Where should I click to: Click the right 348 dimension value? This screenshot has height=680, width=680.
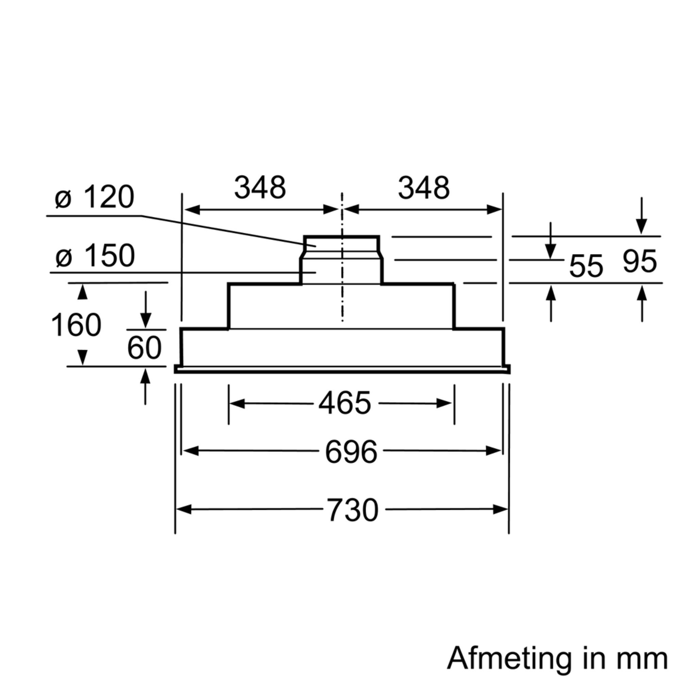[424, 188]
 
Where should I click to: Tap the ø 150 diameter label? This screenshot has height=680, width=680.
[95, 256]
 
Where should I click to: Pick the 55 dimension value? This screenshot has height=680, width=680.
[586, 266]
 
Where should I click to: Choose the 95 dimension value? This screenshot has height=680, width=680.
[640, 261]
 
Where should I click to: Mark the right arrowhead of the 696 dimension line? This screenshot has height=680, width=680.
[493, 451]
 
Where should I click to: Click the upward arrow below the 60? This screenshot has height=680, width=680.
[145, 378]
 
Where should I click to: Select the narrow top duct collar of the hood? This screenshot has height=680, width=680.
[341, 243]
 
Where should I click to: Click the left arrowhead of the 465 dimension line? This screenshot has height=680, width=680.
[237, 404]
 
